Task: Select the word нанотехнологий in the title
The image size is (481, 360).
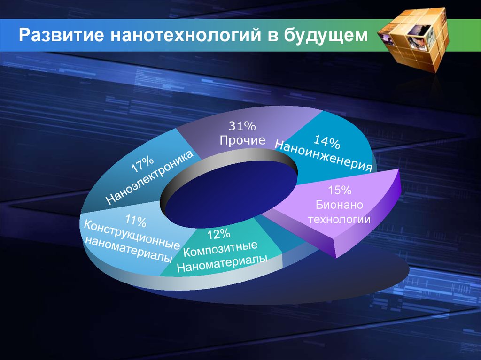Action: click(185, 35)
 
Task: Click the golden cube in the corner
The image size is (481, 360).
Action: click(414, 39)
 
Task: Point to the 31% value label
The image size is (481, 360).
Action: click(242, 126)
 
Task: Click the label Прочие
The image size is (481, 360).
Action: click(242, 140)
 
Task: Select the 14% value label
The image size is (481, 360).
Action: click(326, 142)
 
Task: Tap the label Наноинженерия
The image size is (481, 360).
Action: click(324, 155)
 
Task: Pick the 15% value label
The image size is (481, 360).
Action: click(340, 190)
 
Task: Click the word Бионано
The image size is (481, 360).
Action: click(339, 205)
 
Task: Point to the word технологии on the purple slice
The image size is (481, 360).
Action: click(339, 219)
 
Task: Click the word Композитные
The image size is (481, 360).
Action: click(220, 249)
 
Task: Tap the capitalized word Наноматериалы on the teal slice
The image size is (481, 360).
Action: click(222, 263)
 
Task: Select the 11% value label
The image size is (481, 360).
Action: click(136, 221)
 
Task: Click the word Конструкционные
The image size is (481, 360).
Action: click(132, 234)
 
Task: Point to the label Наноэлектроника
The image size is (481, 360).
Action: click(150, 177)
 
